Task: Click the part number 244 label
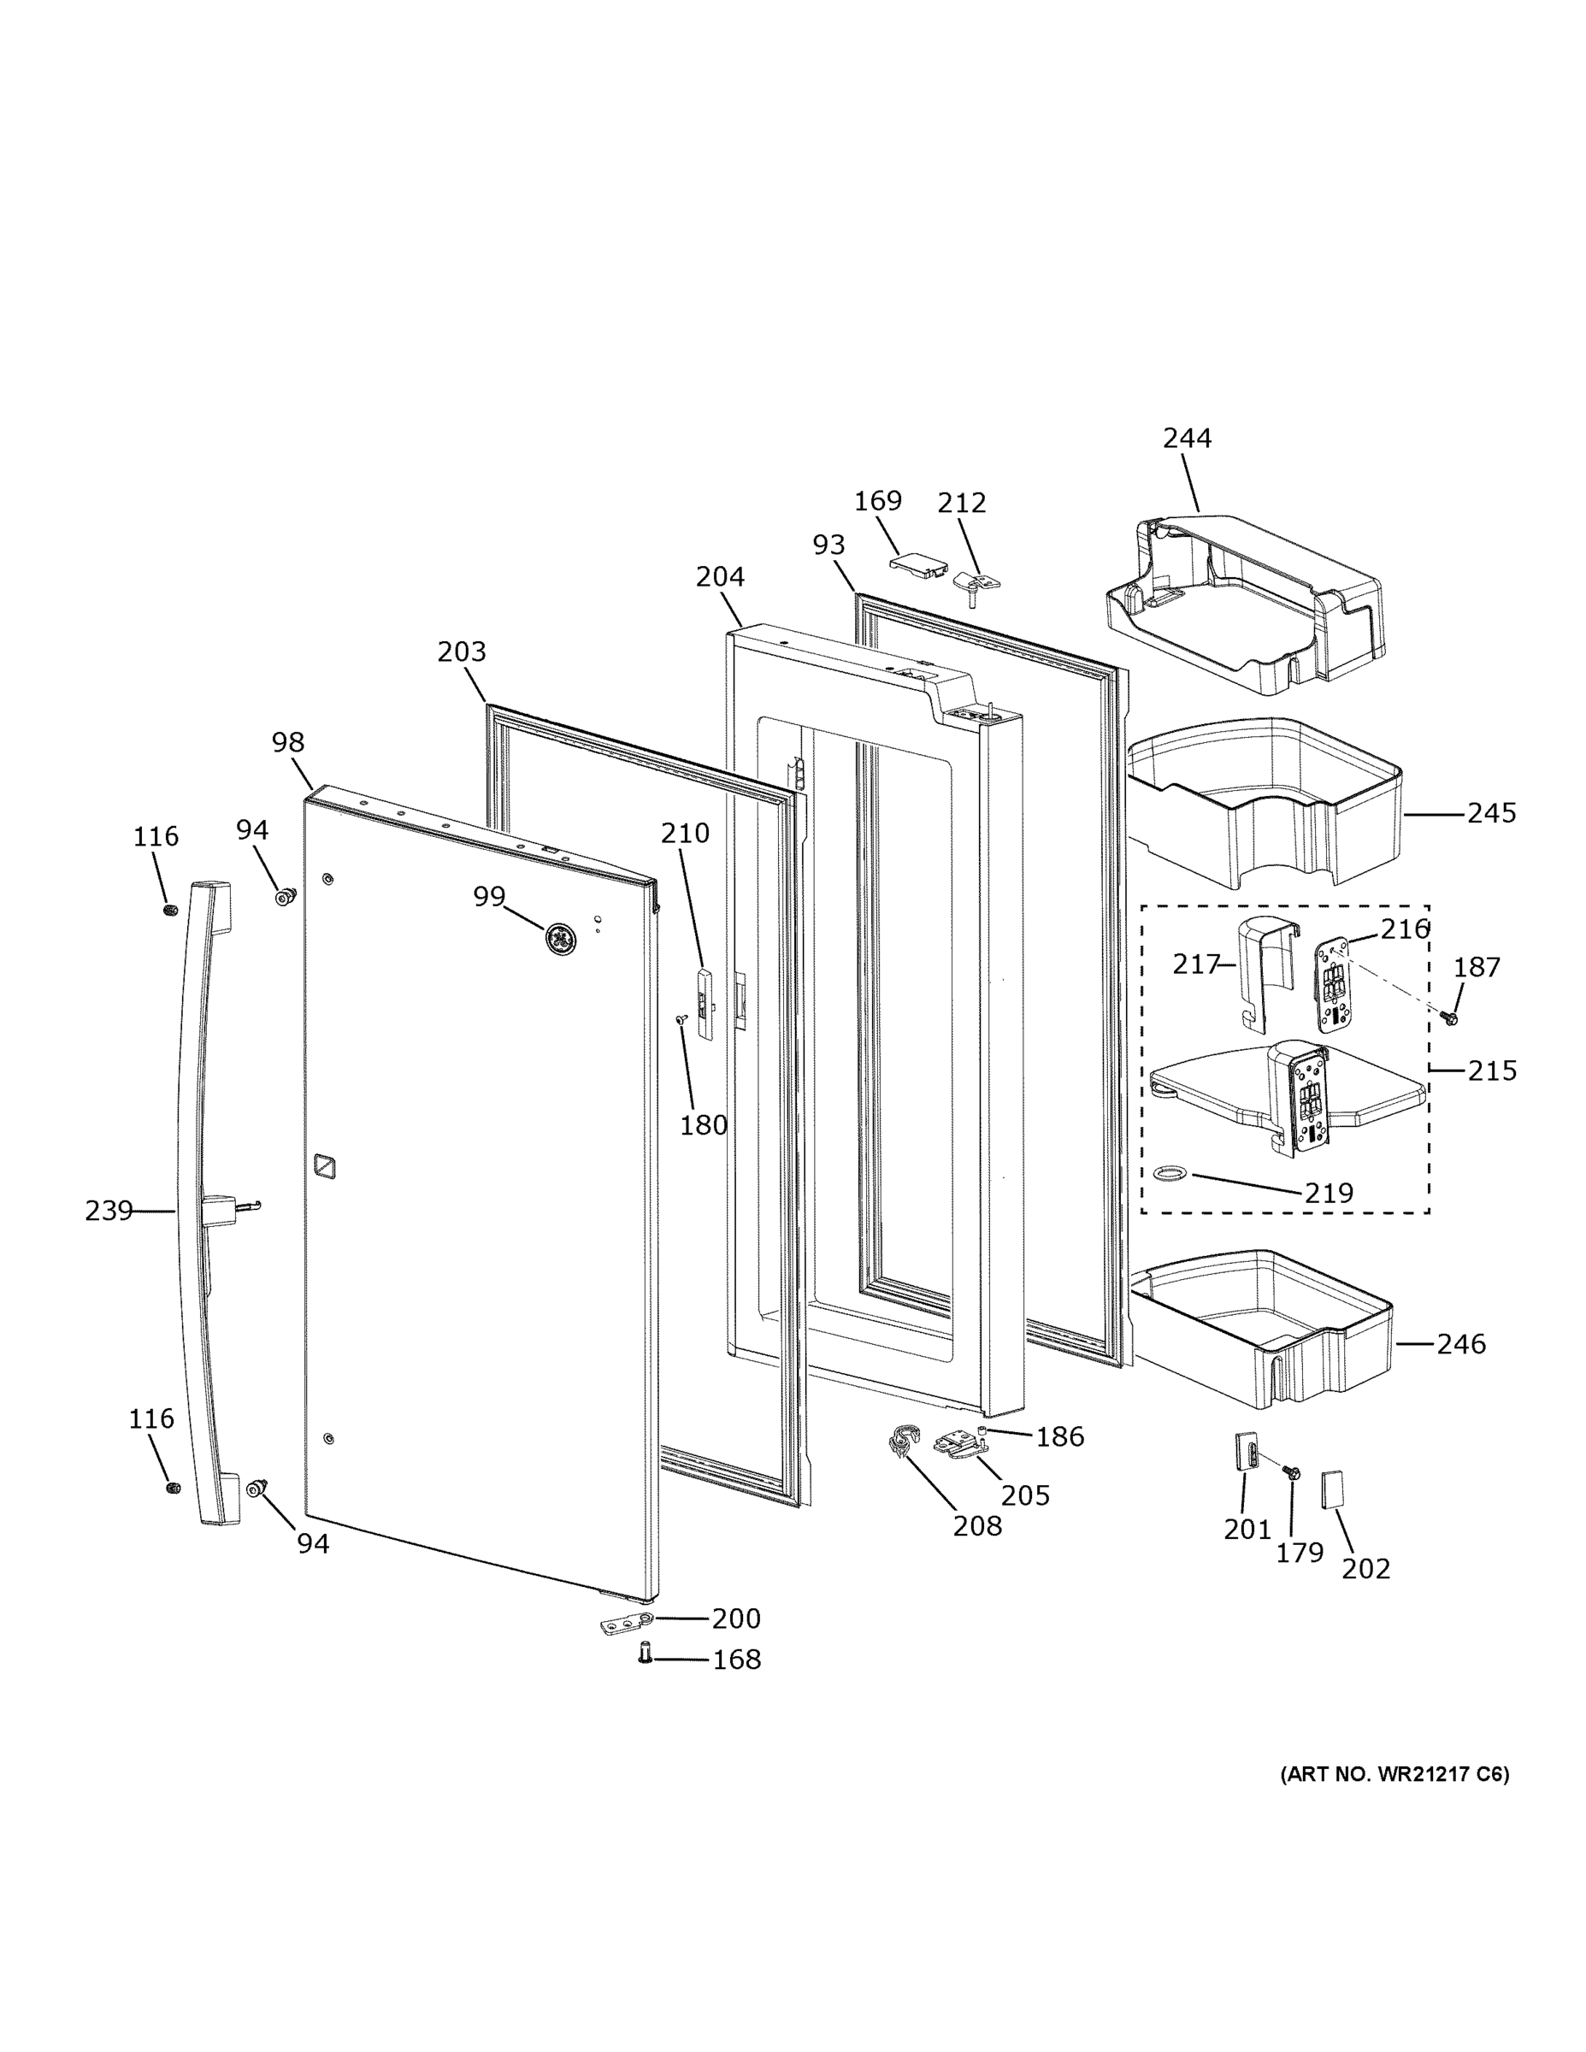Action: click(x=1187, y=438)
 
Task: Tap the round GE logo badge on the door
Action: click(x=561, y=939)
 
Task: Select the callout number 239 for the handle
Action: click(x=108, y=1211)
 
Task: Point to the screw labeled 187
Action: click(x=1450, y=1017)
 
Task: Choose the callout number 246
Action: click(x=1460, y=1345)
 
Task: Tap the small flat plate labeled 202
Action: click(x=1332, y=1489)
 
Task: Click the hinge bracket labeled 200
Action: click(x=626, y=1623)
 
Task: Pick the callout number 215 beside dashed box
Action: click(x=1491, y=1070)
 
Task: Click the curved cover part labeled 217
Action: click(x=1263, y=968)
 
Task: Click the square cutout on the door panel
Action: click(x=324, y=1166)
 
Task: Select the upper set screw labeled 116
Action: click(x=170, y=911)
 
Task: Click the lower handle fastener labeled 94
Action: click(x=255, y=1486)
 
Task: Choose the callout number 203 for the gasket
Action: click(x=462, y=652)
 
